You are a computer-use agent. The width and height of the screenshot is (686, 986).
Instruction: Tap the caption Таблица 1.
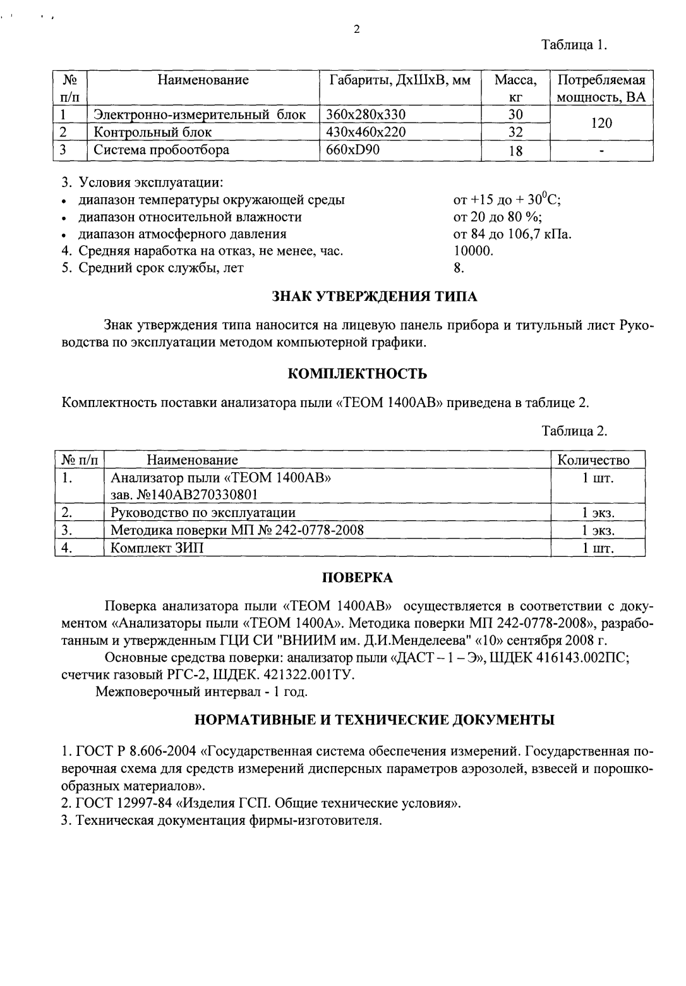[x=574, y=45]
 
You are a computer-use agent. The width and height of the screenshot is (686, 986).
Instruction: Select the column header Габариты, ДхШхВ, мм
[x=400, y=80]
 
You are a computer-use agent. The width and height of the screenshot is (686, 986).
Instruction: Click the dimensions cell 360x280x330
[x=365, y=114]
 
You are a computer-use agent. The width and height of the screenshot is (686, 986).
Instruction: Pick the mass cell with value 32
[x=515, y=132]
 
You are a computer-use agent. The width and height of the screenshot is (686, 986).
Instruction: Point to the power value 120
[x=601, y=123]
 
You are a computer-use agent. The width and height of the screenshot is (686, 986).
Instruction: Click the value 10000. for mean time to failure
[x=473, y=251]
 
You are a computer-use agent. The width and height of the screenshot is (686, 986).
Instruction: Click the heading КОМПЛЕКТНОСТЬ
[x=357, y=374]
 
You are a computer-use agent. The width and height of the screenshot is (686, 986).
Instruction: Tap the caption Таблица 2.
[x=574, y=431]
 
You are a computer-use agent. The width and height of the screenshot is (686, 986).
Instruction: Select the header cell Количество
[x=593, y=460]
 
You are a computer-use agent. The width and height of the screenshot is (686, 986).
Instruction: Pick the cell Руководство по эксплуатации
[x=203, y=513]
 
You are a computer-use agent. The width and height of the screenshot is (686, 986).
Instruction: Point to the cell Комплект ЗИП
[x=157, y=548]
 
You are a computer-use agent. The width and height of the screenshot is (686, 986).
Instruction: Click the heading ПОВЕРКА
[x=357, y=578]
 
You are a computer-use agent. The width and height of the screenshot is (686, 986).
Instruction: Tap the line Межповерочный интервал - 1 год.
[x=202, y=691]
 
